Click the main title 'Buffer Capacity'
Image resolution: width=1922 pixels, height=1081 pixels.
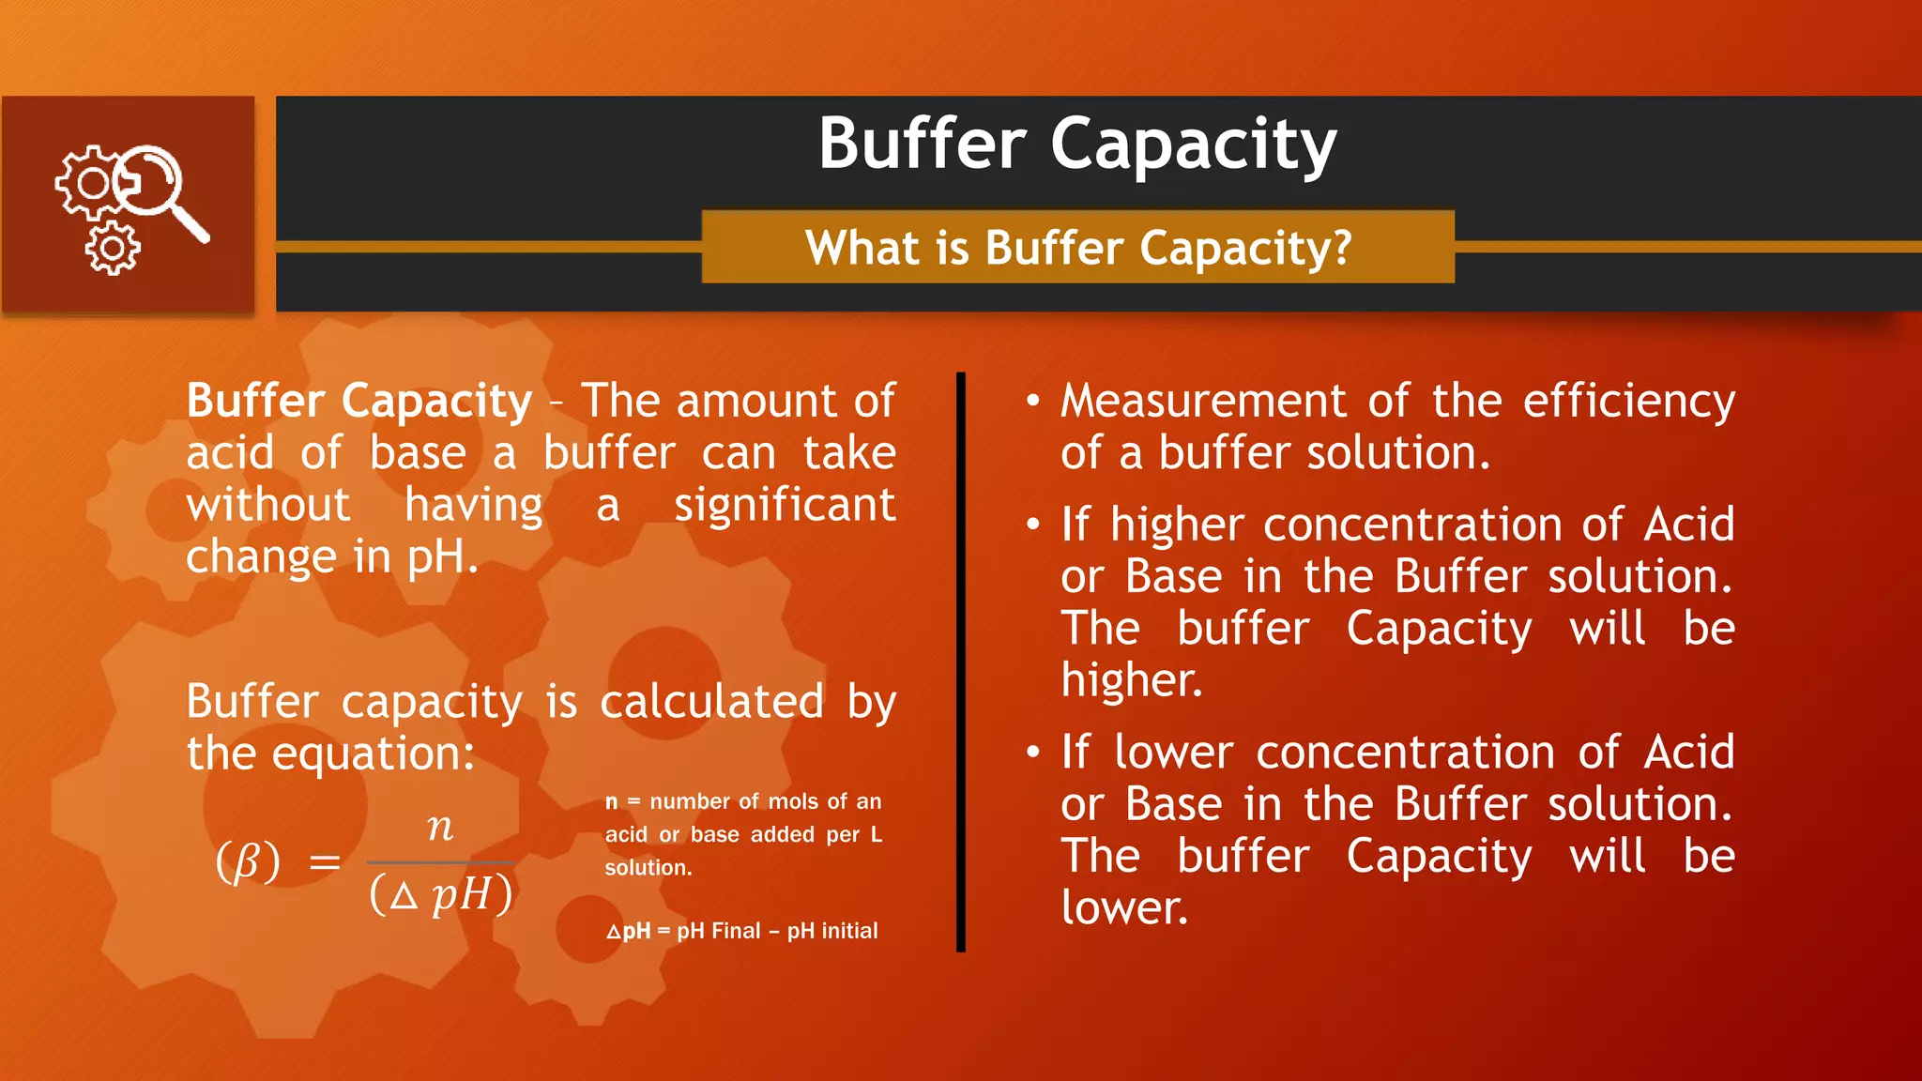(1076, 145)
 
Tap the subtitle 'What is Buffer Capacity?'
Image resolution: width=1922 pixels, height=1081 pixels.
(1078, 249)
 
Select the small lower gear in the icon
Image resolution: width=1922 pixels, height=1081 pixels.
(113, 249)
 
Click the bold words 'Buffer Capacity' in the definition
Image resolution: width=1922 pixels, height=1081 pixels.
(359, 402)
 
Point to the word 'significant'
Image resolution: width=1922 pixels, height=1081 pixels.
(785, 506)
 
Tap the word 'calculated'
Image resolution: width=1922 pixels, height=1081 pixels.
(711, 702)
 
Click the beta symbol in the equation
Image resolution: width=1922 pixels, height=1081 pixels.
(248, 861)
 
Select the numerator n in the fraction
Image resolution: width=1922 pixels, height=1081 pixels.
(440, 827)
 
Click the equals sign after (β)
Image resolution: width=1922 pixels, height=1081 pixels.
(325, 861)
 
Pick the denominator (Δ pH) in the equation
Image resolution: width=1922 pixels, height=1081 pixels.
(441, 893)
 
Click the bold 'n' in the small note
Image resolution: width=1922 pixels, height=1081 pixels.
(612, 802)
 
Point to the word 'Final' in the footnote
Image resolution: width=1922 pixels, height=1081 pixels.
(736, 931)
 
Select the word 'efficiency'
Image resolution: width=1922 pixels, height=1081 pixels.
(1628, 402)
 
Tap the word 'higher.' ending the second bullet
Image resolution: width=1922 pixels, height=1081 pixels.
(1131, 680)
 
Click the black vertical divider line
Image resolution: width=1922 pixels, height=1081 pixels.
(961, 662)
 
